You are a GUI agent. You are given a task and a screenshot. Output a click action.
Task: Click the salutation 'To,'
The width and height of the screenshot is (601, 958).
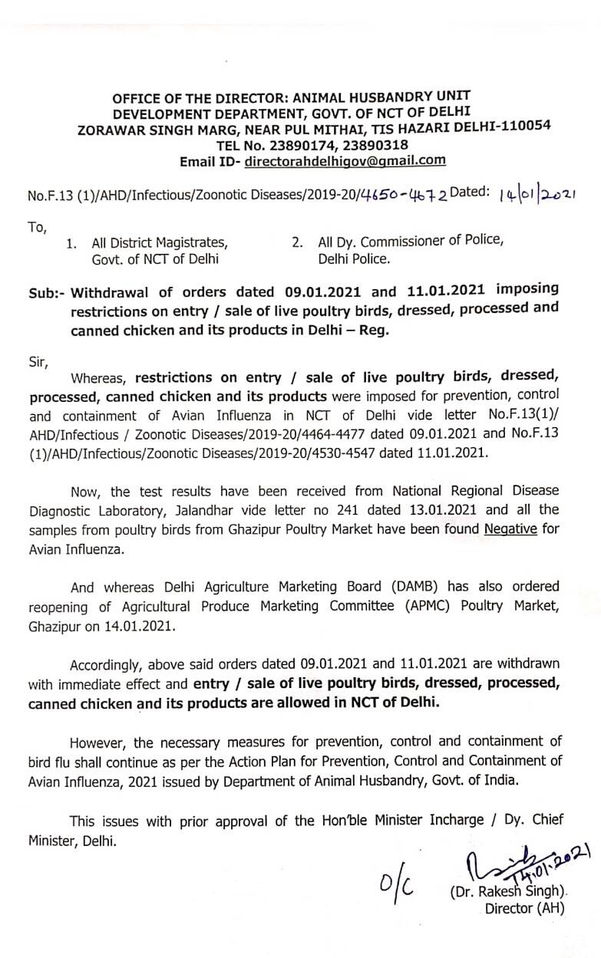point(37,227)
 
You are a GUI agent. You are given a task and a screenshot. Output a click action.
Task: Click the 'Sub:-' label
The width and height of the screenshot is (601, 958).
point(48,293)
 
